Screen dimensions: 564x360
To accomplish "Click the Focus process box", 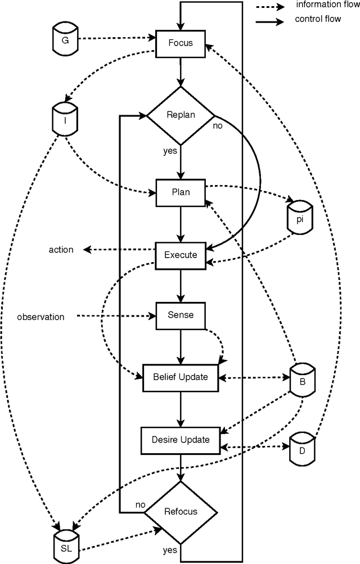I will tap(181, 43).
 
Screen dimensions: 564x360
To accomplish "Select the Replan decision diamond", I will tap(181, 115).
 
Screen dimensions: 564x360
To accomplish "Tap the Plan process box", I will tap(181, 192).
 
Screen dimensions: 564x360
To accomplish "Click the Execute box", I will tap(181, 255).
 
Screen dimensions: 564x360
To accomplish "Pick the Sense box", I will tap(181, 315).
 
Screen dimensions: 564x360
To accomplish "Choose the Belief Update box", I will tap(181, 377).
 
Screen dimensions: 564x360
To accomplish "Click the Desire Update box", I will tap(181, 439).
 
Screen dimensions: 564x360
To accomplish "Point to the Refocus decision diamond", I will tap(181, 511).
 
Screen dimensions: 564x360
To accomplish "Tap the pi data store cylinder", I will tap(299, 216).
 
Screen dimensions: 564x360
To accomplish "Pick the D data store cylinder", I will tap(301, 448).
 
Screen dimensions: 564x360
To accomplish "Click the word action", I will tap(61, 249).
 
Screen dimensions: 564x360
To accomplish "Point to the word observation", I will tap(40, 317).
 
